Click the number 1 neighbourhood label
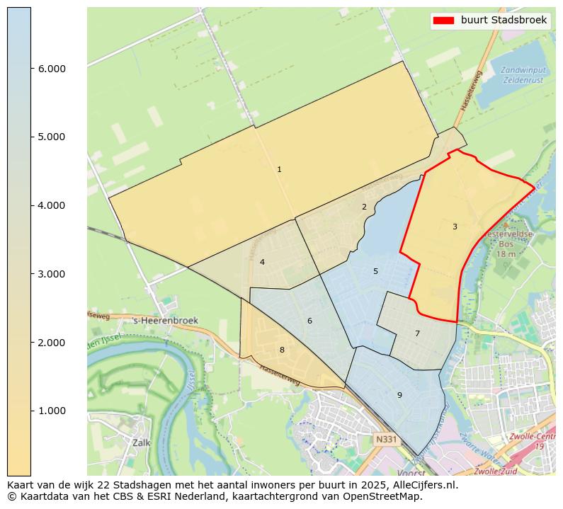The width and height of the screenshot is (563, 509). point(279,169)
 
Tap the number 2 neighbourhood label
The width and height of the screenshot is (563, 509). point(364,207)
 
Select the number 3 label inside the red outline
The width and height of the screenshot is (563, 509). point(455,227)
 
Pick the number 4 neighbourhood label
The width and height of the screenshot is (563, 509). point(262,262)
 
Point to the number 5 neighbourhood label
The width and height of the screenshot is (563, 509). point(375,271)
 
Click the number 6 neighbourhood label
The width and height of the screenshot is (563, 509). point(309,321)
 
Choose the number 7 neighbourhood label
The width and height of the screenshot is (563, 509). point(417,333)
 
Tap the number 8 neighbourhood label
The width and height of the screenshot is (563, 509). point(282,350)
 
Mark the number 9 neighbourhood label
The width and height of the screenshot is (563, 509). point(399,395)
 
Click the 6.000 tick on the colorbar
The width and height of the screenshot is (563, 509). point(51,69)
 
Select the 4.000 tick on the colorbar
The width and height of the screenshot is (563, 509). point(51,205)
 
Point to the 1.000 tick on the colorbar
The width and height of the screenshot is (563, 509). point(51,411)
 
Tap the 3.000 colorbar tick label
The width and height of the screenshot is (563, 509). point(51,274)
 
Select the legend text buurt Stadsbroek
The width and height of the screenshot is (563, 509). point(504,21)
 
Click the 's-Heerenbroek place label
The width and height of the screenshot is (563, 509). point(166,321)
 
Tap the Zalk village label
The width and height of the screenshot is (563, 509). point(142,442)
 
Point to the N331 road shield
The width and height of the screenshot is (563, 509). point(386,440)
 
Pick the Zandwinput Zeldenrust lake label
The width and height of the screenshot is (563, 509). point(523,75)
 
